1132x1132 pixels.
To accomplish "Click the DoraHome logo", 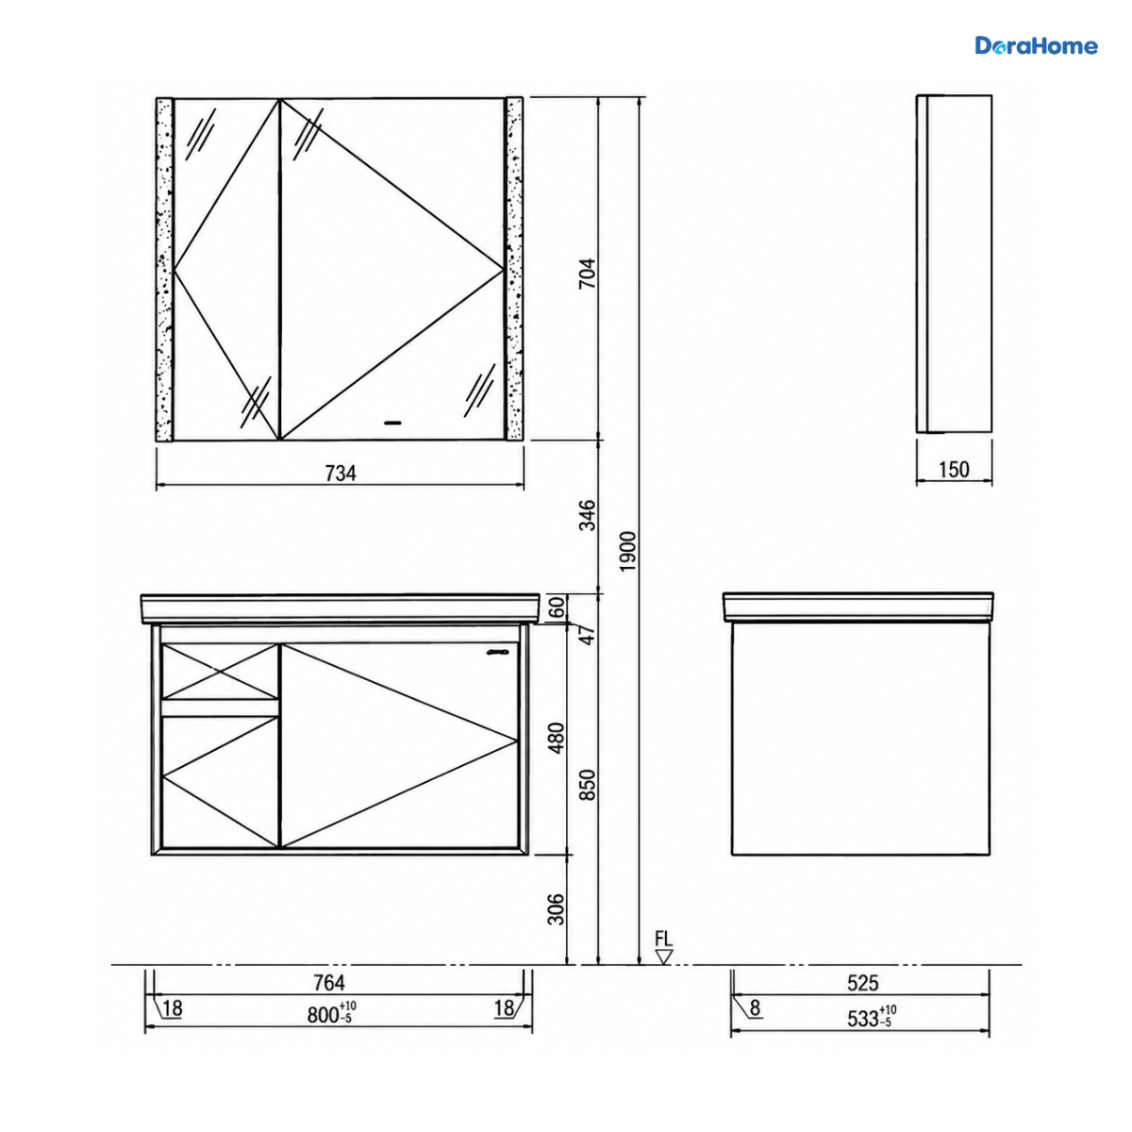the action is [x=1036, y=46].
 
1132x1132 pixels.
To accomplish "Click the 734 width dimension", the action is [x=341, y=473].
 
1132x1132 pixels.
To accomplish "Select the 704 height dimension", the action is [x=588, y=274].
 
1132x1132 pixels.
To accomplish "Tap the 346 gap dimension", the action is [x=588, y=515].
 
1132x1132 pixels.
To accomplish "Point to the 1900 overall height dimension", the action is [x=628, y=551].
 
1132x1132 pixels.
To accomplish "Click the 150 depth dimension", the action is [x=954, y=470].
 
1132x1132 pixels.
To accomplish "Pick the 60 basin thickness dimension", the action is [x=558, y=607].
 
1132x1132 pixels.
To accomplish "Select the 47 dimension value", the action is [x=588, y=635].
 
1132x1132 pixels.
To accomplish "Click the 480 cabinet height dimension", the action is [x=557, y=738].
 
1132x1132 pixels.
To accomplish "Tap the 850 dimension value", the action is [x=588, y=785].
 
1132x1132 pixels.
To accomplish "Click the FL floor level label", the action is [x=664, y=939].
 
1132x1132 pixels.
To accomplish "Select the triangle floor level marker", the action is [x=664, y=957].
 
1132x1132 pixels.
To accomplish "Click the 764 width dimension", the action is [x=329, y=983].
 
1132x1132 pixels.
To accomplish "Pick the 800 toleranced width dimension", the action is [x=331, y=1014].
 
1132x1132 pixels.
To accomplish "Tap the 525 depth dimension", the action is [x=863, y=983].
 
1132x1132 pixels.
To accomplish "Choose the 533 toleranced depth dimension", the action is [x=872, y=1017].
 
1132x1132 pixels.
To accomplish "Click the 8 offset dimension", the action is [x=756, y=1008].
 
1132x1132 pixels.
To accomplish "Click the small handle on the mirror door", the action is [x=391, y=423].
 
